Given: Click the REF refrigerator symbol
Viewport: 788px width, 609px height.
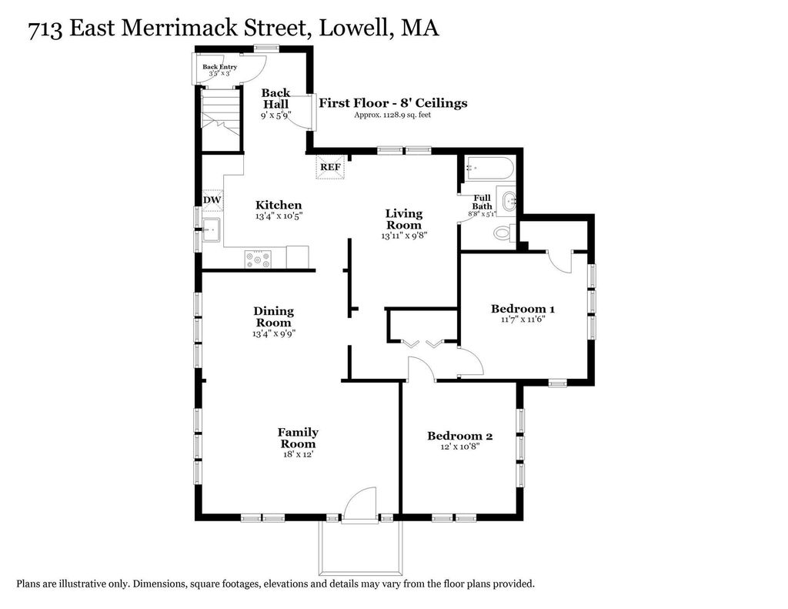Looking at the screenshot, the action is pos(331,167).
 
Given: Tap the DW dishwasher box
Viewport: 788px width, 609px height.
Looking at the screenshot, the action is pos(212,200).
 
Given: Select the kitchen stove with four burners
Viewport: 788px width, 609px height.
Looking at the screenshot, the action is pos(258,259).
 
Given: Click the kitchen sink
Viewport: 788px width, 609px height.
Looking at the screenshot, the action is pos(211,230).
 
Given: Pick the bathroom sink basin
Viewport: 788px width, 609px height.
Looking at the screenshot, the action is pos(507,201).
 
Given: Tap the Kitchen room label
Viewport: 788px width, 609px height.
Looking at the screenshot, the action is pos(279,205).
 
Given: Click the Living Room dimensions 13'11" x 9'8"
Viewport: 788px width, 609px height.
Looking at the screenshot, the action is pos(404,236).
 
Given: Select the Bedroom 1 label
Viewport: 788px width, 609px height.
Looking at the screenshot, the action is pos(523,309).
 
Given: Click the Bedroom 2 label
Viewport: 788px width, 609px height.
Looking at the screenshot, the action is pos(460,436).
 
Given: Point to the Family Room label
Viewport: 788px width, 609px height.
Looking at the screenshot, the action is pos(298,438).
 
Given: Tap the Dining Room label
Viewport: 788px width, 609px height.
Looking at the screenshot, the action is pos(273,317).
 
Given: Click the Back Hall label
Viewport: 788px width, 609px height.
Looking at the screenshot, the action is pos(275,99).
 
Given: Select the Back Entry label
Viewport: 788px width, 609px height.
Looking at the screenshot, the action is pos(219,67).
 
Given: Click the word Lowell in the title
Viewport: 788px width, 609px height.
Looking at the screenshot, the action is pos(352,28).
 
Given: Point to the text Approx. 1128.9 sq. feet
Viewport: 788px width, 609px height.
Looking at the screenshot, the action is pos(392,115).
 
